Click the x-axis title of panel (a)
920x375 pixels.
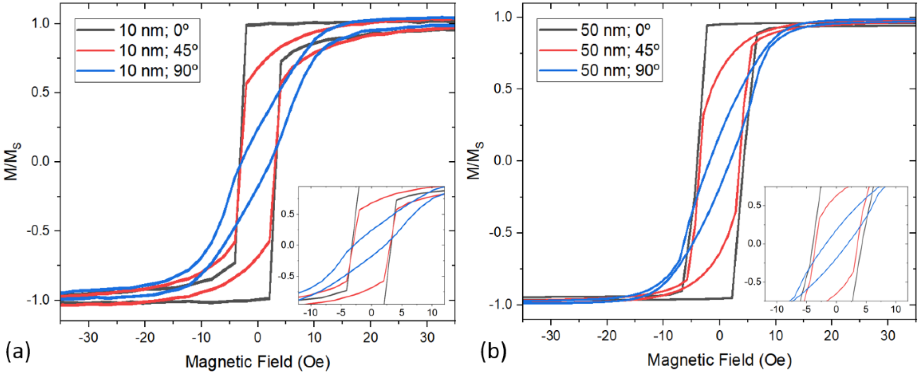pyautogui.click(x=258, y=361)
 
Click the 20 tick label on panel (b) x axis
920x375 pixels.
pyautogui.click(x=831, y=336)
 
